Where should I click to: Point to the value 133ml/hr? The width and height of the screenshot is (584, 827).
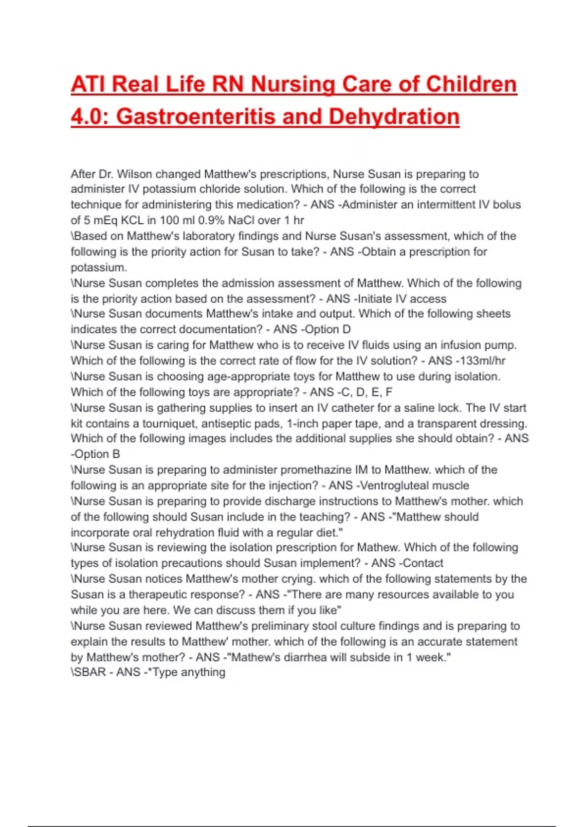pyautogui.click(x=480, y=361)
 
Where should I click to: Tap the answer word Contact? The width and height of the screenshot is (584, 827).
pyautogui.click(x=423, y=563)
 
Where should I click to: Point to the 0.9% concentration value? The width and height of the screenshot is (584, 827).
pyautogui.click(x=211, y=220)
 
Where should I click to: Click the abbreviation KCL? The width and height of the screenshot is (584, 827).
pyautogui.click(x=132, y=220)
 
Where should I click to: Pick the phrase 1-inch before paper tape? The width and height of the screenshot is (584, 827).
pyautogui.click(x=303, y=424)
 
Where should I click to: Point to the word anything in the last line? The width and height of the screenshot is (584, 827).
pyautogui.click(x=203, y=672)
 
